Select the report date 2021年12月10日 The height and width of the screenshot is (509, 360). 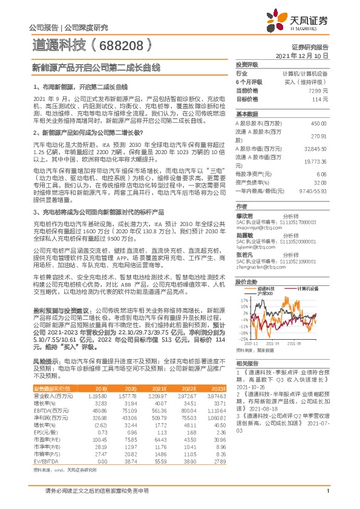302,55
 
